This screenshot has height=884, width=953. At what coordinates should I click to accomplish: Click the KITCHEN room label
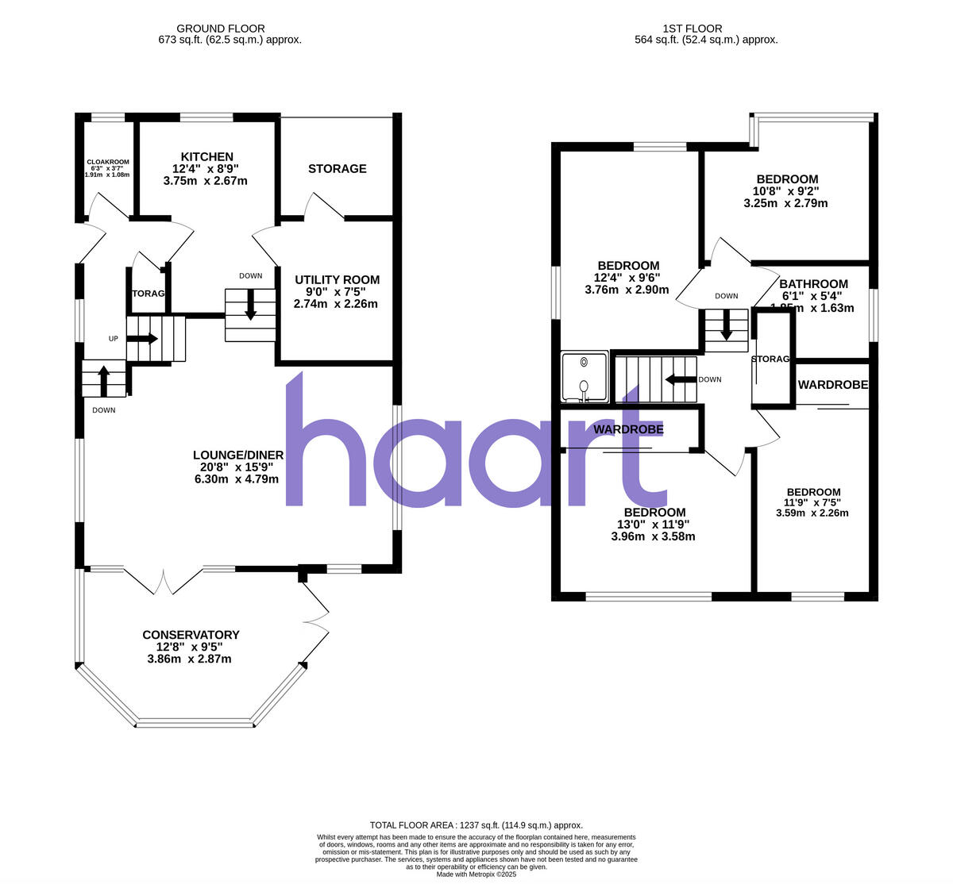(x=206, y=157)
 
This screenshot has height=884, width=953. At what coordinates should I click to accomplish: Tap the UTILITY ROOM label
(x=337, y=280)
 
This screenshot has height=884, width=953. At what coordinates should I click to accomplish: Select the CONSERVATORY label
(x=191, y=635)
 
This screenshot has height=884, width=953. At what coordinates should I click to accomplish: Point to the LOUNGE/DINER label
(x=237, y=455)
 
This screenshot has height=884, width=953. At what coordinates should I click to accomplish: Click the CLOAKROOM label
(x=107, y=162)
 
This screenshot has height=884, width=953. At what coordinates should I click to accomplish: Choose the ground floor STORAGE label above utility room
(x=338, y=169)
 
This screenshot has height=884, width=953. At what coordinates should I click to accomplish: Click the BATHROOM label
(x=813, y=284)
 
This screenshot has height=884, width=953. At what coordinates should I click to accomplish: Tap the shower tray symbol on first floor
(x=585, y=377)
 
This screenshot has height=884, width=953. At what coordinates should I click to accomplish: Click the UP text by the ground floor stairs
(x=114, y=339)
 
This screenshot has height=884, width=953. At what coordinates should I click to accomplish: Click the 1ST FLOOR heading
(x=706, y=29)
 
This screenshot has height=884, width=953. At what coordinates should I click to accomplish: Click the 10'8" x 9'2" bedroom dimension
(x=786, y=191)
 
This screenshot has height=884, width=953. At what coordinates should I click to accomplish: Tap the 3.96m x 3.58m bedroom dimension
(x=653, y=536)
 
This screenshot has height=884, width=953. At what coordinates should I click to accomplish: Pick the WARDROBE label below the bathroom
(x=832, y=385)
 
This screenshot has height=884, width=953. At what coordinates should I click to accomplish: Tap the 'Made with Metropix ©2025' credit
(x=476, y=874)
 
